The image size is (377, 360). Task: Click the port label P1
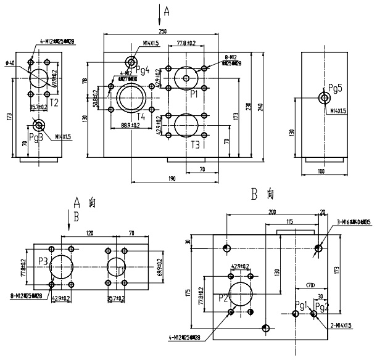coord(193,94)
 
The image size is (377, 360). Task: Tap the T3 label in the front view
coord(196,145)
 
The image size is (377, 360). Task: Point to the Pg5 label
coord(335,88)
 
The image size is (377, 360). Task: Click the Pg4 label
coord(143,71)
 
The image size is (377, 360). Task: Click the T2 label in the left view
coord(54,102)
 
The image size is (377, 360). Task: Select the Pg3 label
coord(36,137)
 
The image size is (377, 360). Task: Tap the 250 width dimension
coord(163,31)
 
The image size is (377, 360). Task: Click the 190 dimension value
coord(172,179)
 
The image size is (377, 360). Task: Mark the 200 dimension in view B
coord(272,211)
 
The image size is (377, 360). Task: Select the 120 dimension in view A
coord(89,234)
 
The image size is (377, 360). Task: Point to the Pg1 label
coord(300,305)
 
